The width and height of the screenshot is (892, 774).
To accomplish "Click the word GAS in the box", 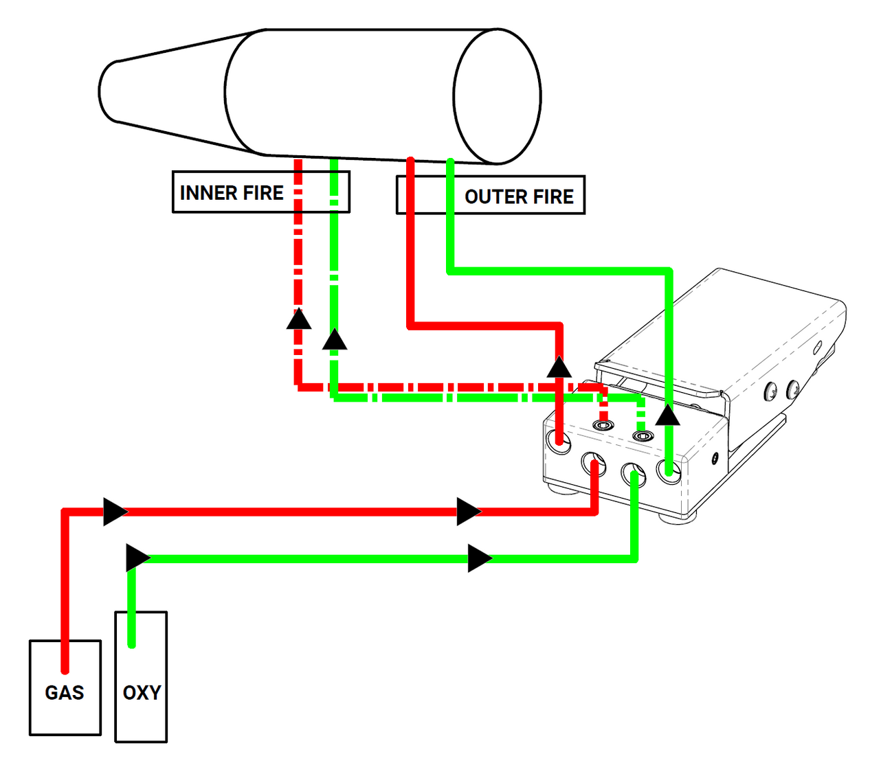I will click(x=65, y=692).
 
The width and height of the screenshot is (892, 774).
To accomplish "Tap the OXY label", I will click(x=142, y=692).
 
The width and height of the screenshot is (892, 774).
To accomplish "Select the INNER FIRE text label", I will click(x=232, y=193).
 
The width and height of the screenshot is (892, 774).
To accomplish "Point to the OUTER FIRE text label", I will click(x=519, y=197).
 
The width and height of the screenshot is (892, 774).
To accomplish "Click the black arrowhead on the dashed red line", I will click(x=299, y=319).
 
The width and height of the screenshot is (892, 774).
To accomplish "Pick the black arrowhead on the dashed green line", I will click(x=335, y=339).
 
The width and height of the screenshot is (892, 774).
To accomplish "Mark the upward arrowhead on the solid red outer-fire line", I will click(x=559, y=367).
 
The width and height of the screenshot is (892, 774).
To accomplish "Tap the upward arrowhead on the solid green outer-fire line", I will click(x=667, y=415).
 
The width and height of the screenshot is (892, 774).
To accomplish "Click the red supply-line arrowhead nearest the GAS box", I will click(x=115, y=512).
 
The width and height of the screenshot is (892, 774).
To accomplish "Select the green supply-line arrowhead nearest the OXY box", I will click(x=137, y=558).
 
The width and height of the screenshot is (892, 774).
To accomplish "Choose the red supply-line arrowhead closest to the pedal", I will click(x=469, y=512).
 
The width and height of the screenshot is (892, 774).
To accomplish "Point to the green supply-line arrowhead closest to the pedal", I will click(x=480, y=558).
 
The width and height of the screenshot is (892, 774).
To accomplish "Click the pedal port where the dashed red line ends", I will click(x=603, y=426).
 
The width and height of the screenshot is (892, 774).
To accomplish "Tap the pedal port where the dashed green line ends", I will click(x=643, y=435).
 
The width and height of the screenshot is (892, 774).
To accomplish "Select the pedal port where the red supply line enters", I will click(x=594, y=465).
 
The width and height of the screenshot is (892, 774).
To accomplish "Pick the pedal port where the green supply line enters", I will click(x=634, y=474).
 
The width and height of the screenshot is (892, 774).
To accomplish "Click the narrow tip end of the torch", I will click(x=108, y=91).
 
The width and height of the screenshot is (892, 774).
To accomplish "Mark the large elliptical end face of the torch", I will click(x=497, y=96).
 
